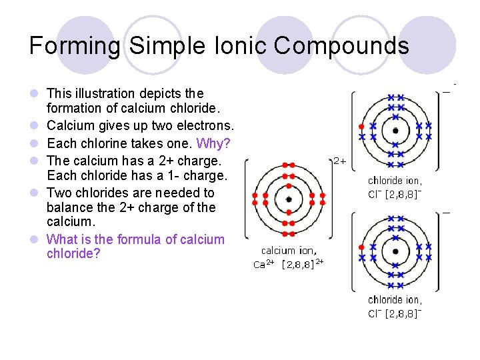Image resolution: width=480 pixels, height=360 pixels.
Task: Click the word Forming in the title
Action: pos(75,45)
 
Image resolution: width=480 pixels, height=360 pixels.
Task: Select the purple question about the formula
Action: pos(135,246)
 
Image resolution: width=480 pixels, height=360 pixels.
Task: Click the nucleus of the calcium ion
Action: pos(288,199)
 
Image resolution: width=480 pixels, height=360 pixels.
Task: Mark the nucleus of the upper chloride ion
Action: pos(395,131)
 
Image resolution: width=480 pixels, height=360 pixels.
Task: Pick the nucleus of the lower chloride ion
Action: pos(395,251)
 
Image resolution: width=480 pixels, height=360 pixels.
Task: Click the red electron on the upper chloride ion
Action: pos(361,125)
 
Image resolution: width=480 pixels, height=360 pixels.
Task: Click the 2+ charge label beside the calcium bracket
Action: pos(339,161)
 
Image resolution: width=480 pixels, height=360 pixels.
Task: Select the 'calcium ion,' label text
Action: pos(288,251)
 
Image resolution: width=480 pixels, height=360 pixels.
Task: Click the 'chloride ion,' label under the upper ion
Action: pos(395,180)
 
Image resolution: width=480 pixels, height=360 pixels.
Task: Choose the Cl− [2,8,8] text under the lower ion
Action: pos(395,313)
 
